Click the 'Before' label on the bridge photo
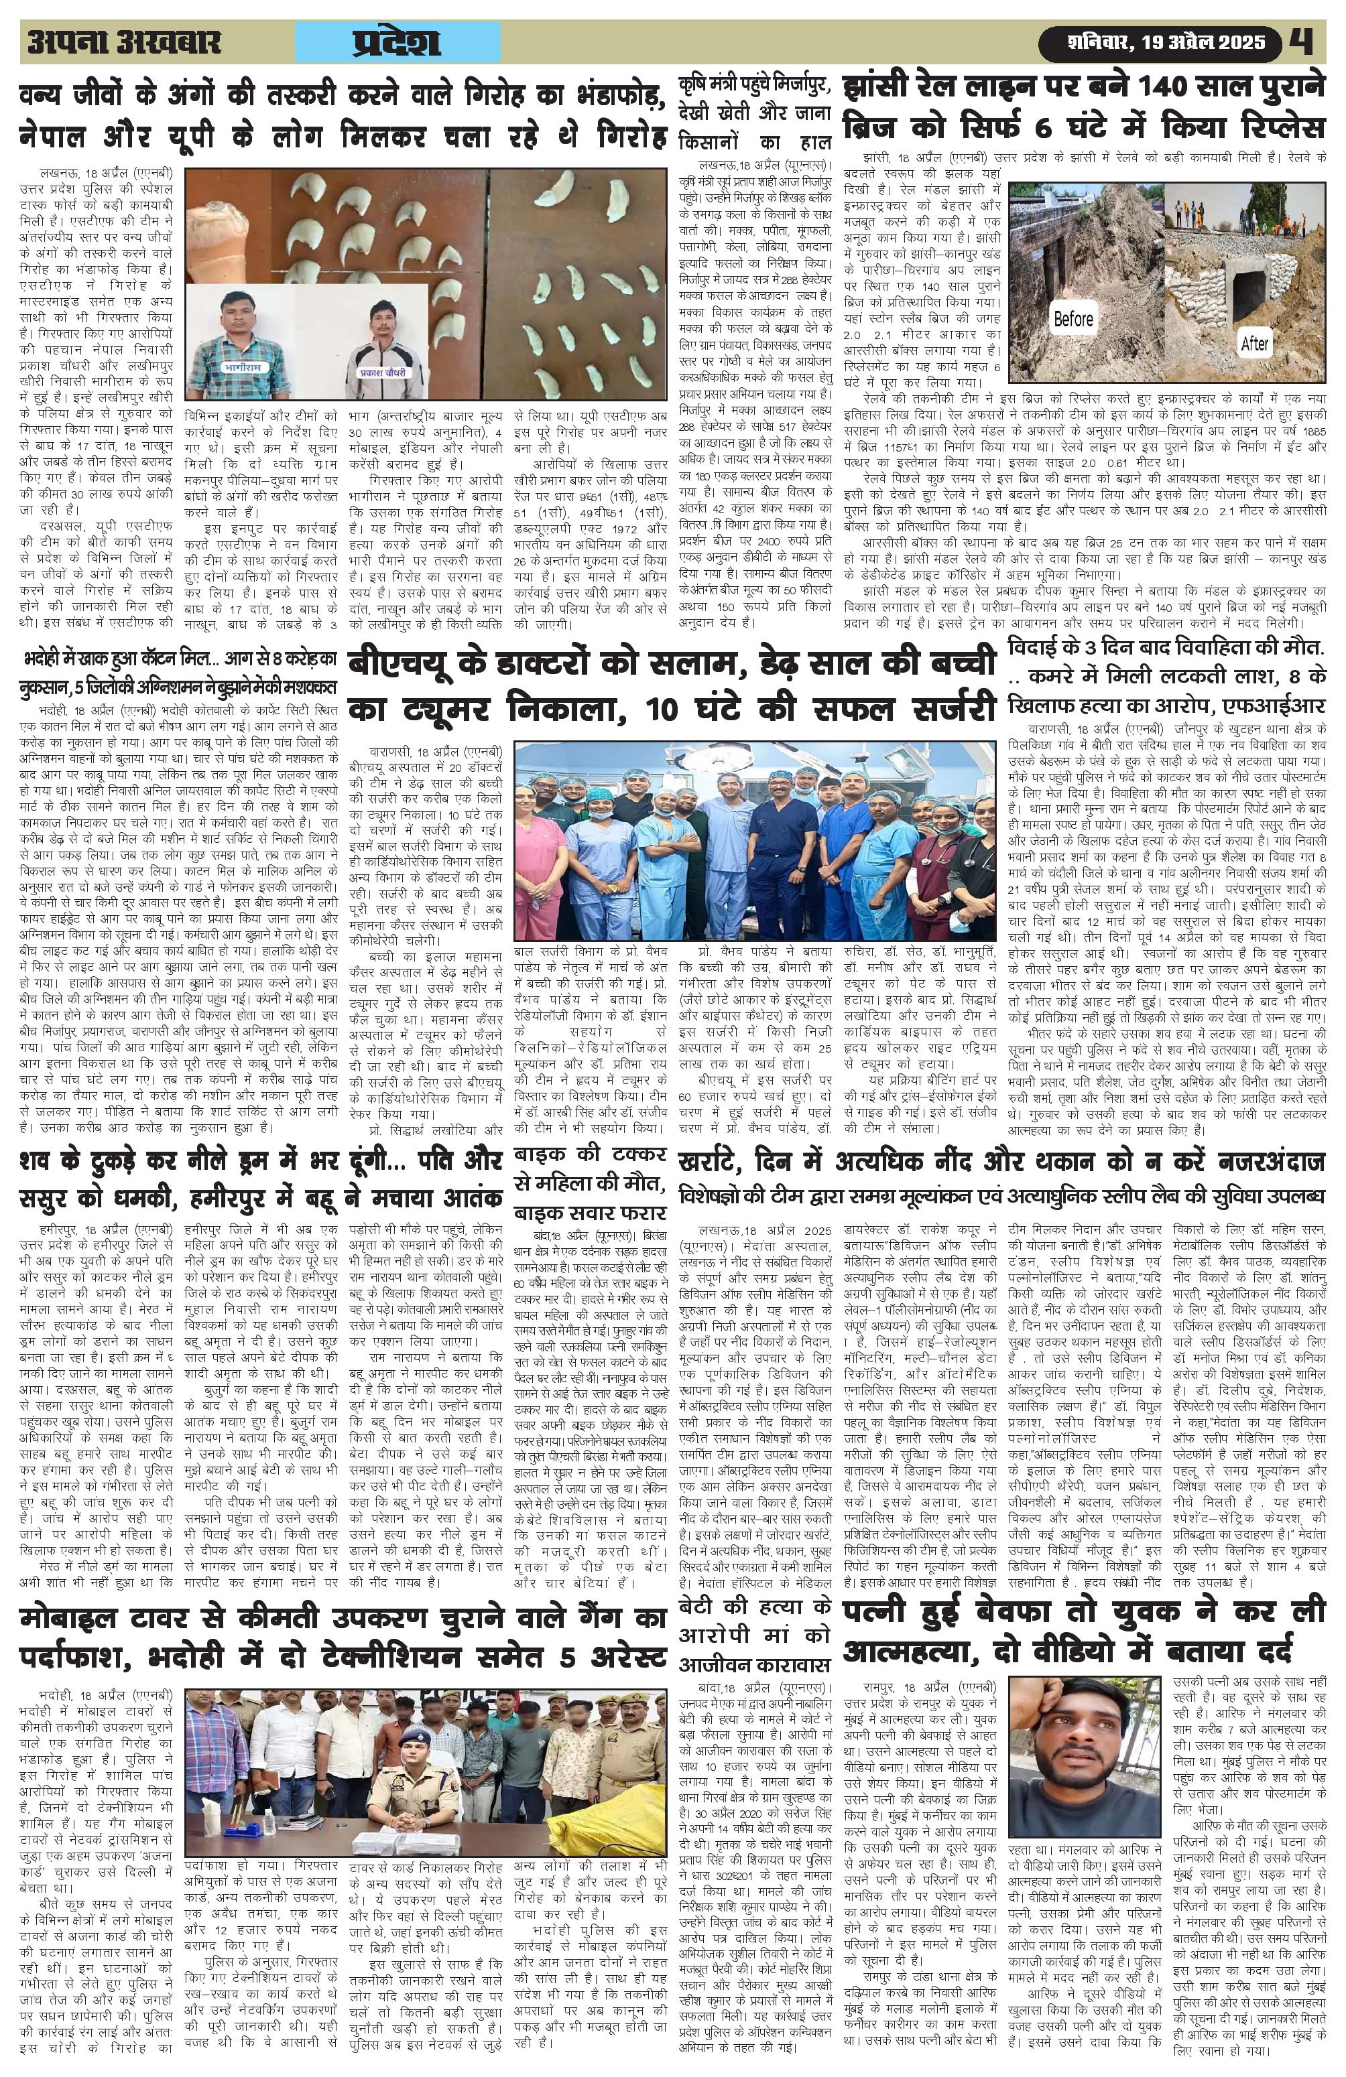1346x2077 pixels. coord(1073,318)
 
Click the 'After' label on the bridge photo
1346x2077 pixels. coord(1254,344)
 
